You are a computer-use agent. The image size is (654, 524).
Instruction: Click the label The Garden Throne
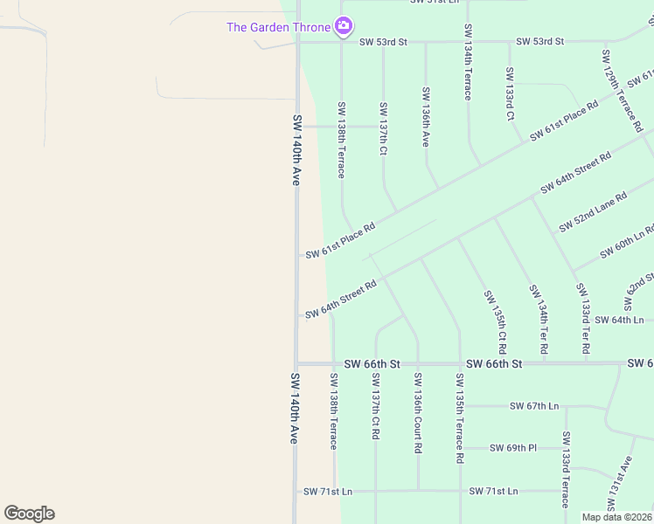point(278,27)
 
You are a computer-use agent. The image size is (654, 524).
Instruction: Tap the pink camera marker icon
point(344,27)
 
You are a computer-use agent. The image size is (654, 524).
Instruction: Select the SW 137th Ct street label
point(383,128)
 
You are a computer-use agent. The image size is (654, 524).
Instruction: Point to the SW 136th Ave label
point(426,114)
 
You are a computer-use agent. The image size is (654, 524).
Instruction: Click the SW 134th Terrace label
point(468,62)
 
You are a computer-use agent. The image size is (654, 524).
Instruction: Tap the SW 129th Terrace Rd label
point(615,81)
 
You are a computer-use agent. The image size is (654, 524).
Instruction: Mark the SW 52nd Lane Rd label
point(594,211)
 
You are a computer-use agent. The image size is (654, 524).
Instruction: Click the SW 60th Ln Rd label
point(628,242)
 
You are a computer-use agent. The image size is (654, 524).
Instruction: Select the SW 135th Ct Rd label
point(502,317)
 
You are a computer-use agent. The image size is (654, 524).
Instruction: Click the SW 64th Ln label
point(618,320)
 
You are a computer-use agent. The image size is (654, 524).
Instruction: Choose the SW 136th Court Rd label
point(418,413)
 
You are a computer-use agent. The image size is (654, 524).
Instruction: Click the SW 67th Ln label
point(535,406)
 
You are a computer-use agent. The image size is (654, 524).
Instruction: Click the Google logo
point(29,514)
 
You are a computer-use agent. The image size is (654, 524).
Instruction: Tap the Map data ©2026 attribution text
point(616,517)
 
